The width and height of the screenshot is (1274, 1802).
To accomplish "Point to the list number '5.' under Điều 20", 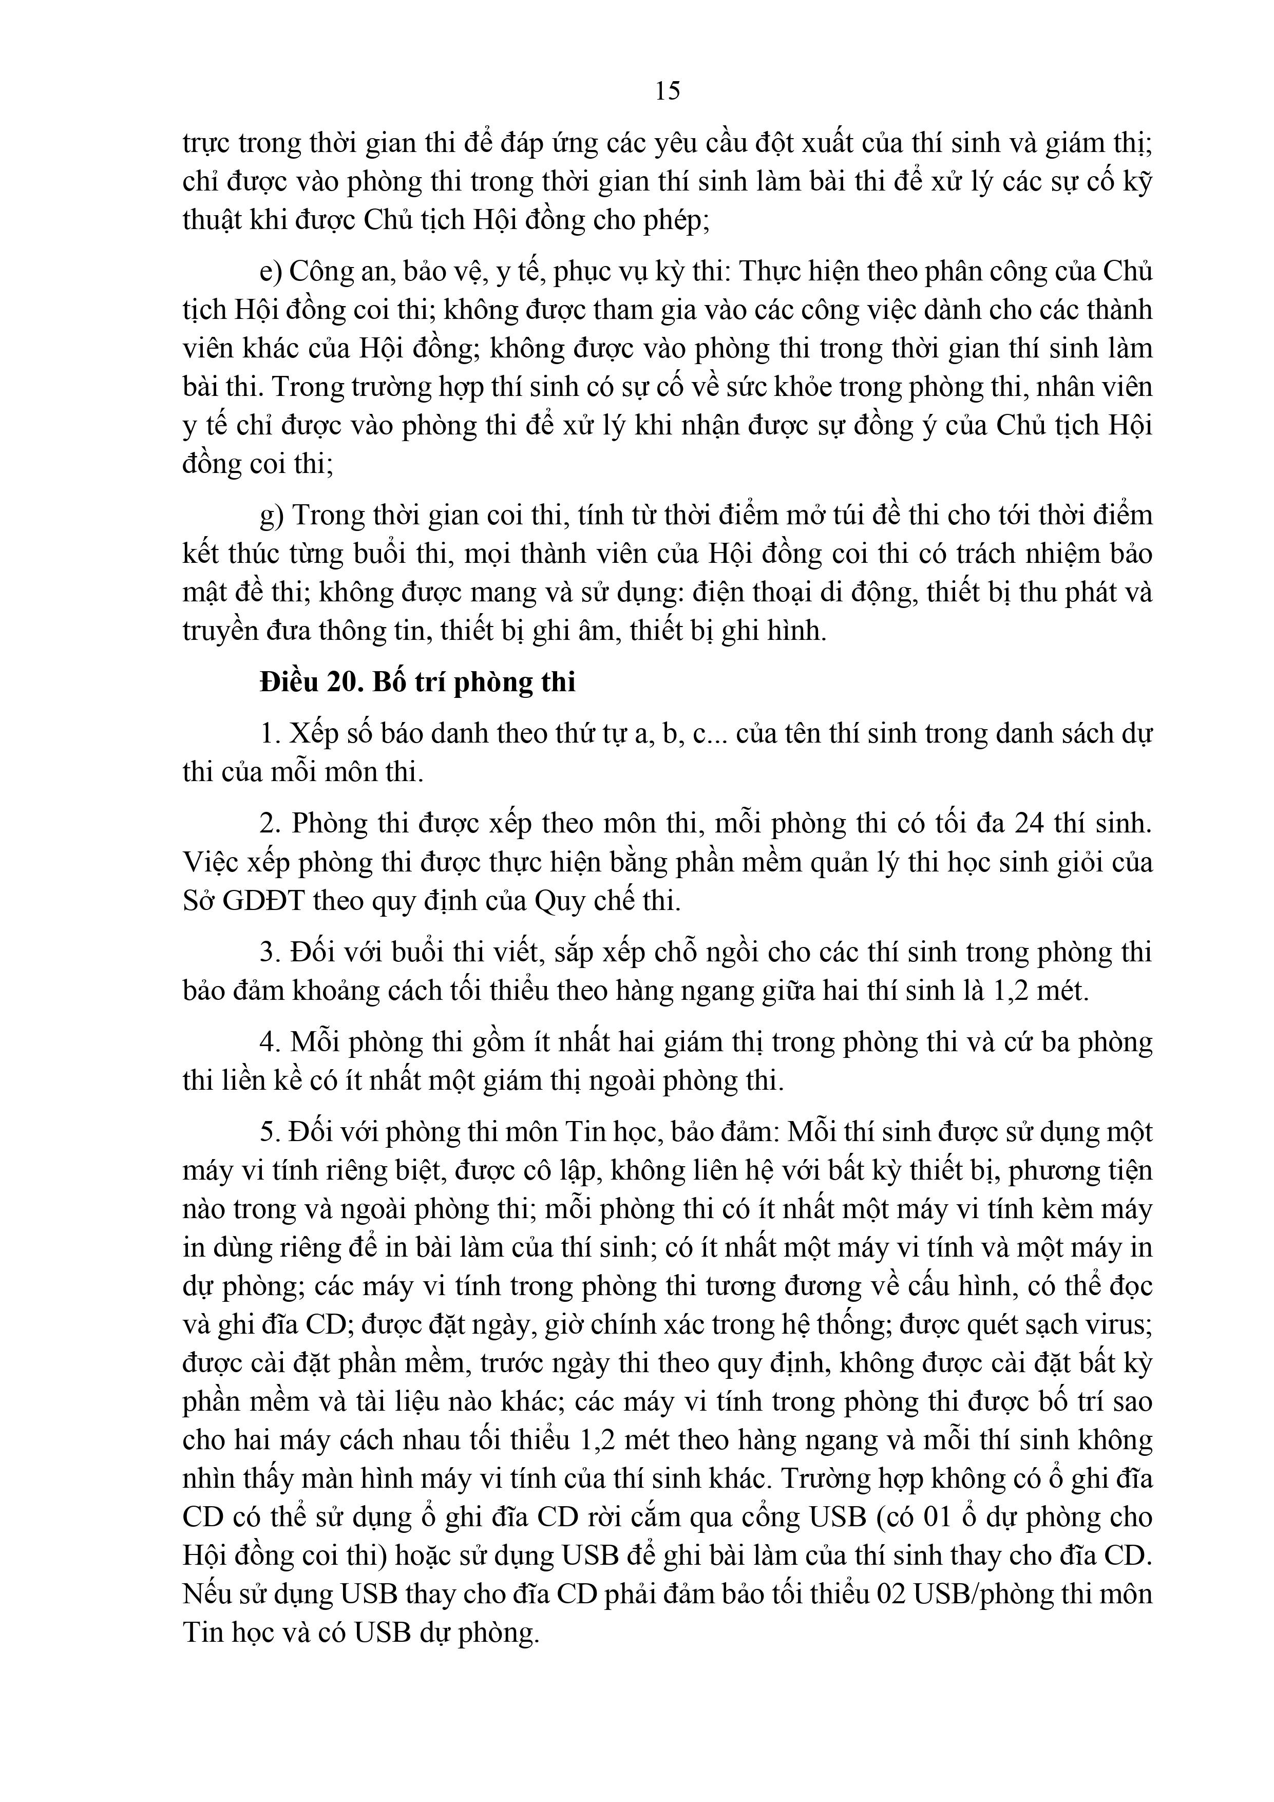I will coord(270,1132).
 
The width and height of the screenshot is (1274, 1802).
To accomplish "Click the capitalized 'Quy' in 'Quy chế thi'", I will coord(560,900).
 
